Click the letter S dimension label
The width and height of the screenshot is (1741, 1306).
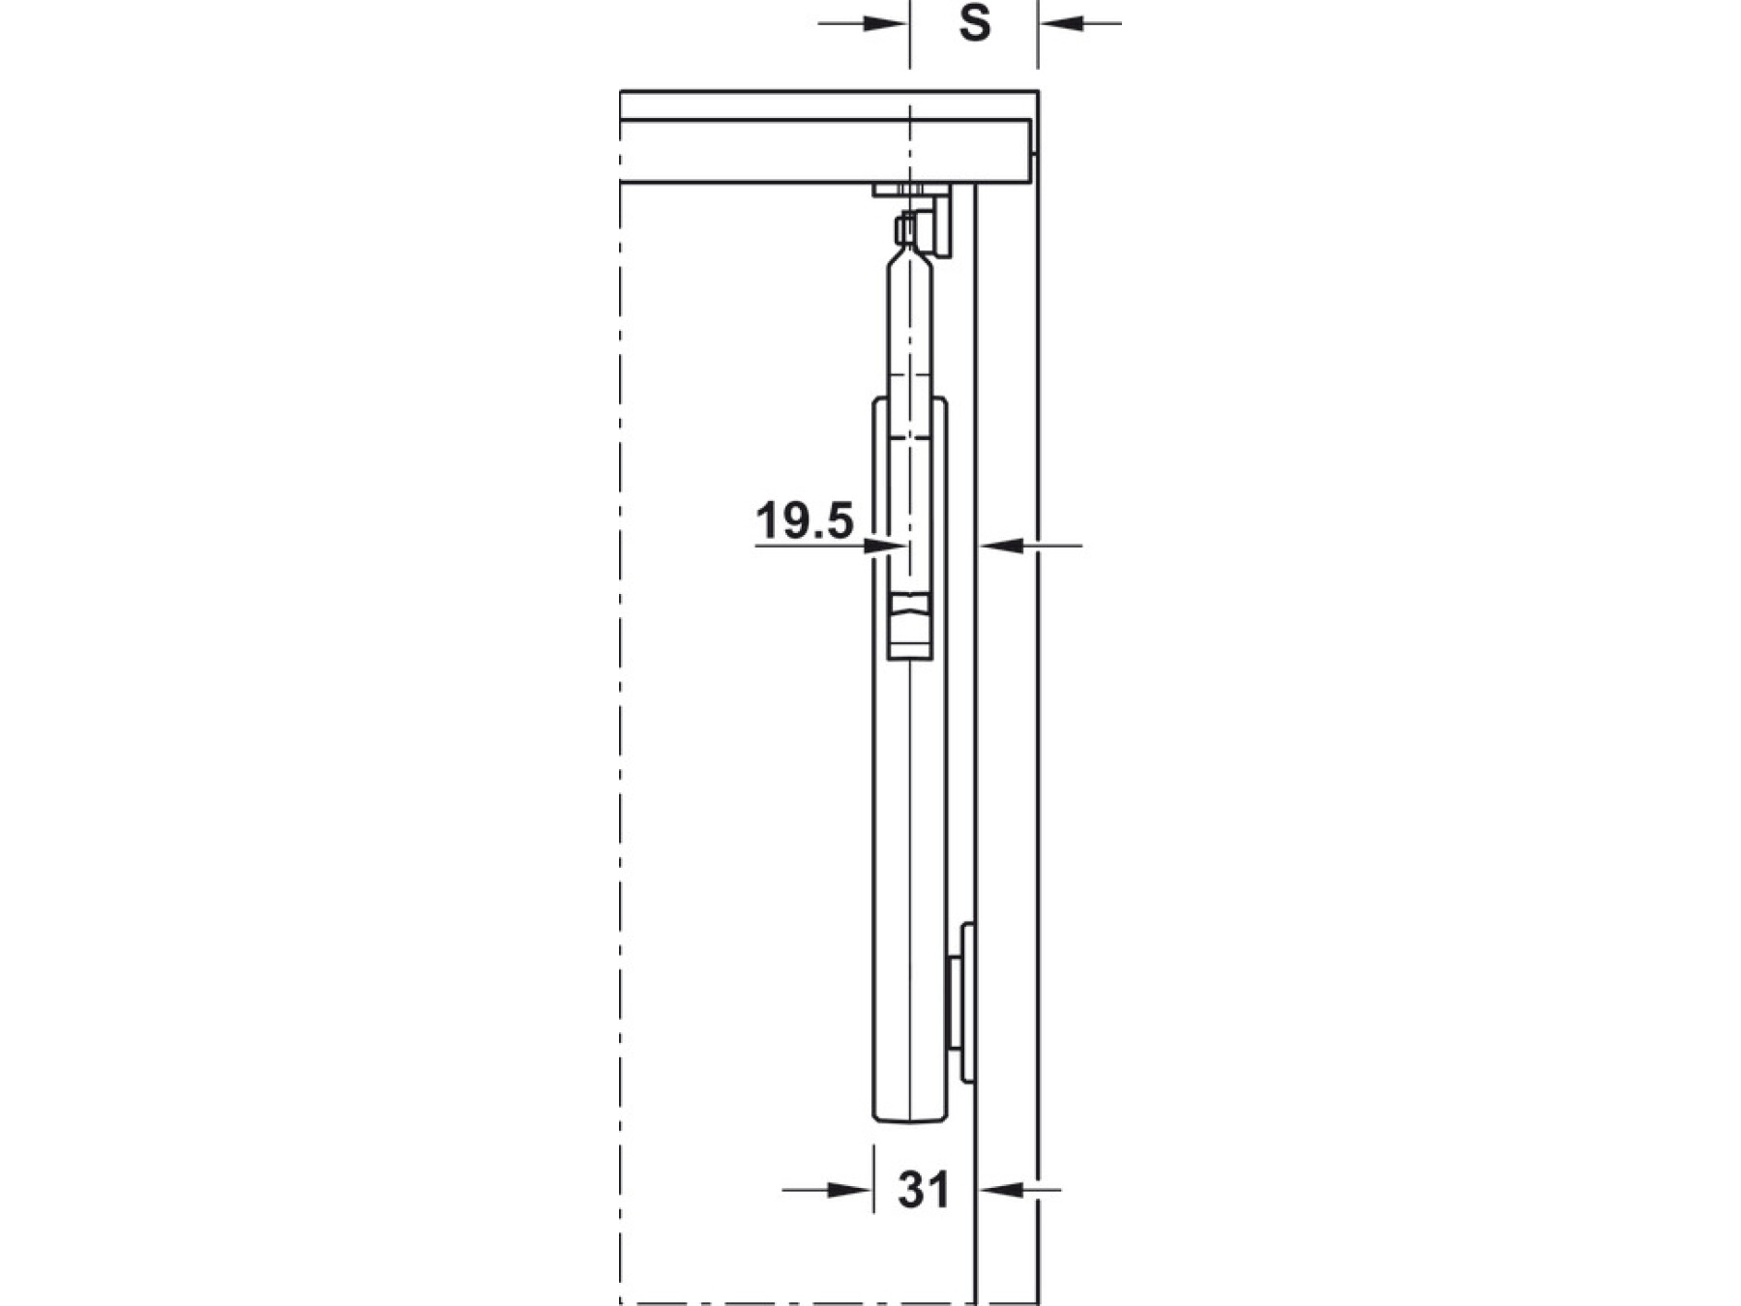pyautogui.click(x=975, y=23)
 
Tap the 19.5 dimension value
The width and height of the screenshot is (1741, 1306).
pyautogui.click(x=805, y=520)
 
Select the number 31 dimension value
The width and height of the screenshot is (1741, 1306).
pyautogui.click(x=924, y=1190)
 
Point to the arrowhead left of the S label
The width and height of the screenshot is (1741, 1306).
pyautogui.click(x=887, y=22)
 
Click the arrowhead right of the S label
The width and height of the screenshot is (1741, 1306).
pyautogui.click(x=1061, y=22)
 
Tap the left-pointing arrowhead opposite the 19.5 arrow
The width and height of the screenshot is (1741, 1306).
pyautogui.click(x=1000, y=547)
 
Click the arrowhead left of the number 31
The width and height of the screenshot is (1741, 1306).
pyautogui.click(x=850, y=1190)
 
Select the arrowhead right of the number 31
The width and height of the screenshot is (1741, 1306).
pyautogui.click(x=1000, y=1189)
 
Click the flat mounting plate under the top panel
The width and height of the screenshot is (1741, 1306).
pyautogui.click(x=912, y=190)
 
